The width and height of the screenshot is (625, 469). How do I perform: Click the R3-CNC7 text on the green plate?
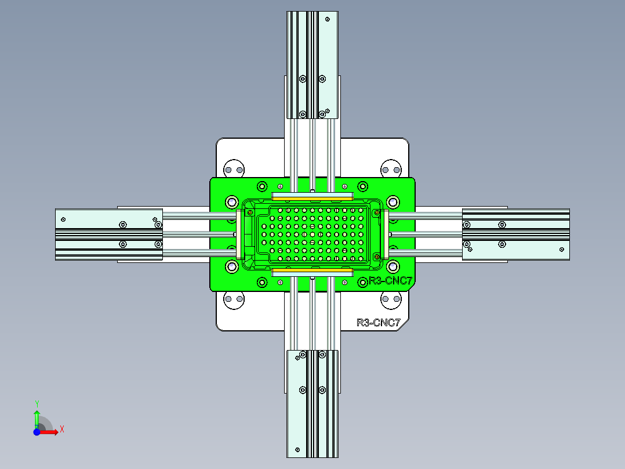click(x=390, y=282)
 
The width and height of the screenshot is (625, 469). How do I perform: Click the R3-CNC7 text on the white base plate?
click(x=378, y=323)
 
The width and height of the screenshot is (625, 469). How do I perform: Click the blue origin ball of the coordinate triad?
click(x=37, y=432)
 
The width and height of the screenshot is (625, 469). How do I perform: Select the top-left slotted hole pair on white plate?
click(x=234, y=169)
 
